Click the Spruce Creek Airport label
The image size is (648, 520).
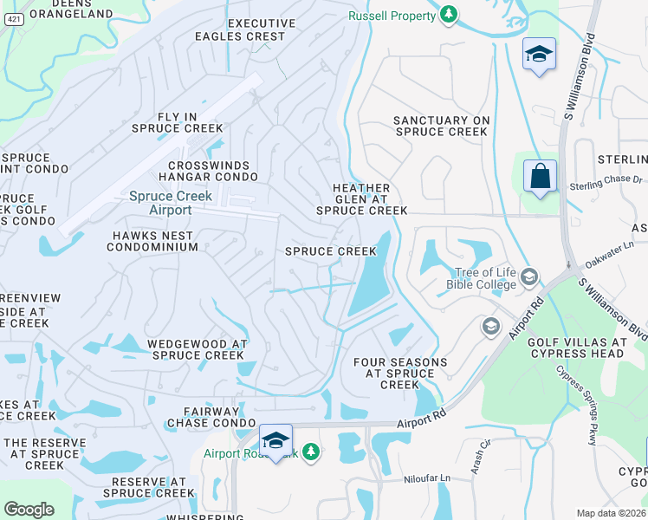click(160, 203)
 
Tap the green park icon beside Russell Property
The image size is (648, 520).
click(448, 15)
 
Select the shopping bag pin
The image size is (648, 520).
click(540, 177)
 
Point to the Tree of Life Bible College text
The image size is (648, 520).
click(481, 278)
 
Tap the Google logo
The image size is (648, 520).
click(29, 509)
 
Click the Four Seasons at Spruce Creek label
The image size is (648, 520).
click(400, 374)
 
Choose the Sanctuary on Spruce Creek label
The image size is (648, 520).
click(442, 127)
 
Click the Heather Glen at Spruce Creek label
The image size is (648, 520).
click(361, 199)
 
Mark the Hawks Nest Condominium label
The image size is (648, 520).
click(152, 241)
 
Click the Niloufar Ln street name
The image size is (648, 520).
click(428, 478)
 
